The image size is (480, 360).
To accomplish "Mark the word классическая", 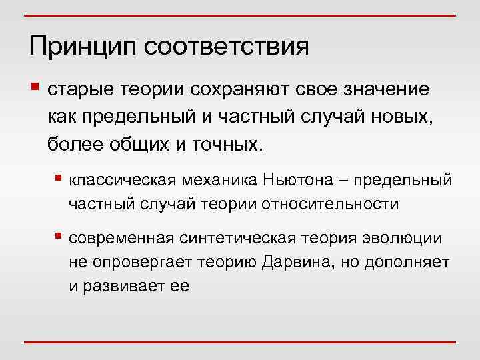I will pos(123,180).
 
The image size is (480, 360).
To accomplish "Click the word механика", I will pos(221,180).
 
